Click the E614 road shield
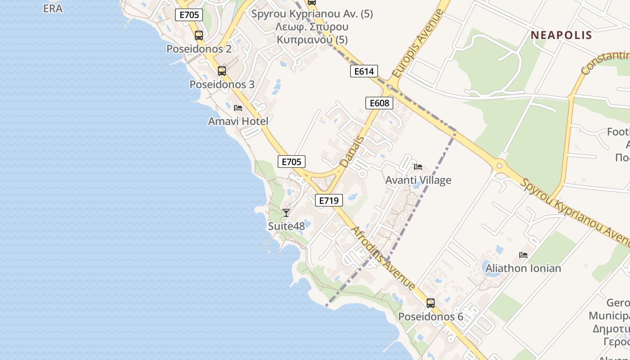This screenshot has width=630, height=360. pyautogui.click(x=364, y=71)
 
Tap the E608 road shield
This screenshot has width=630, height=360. pyautogui.click(x=379, y=103)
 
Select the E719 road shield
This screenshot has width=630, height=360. pyautogui.click(x=328, y=200)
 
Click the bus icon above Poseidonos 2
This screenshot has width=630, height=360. pyautogui.click(x=198, y=35)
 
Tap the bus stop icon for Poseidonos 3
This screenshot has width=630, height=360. pyautogui.click(x=221, y=71)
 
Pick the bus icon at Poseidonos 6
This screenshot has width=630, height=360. pyautogui.click(x=431, y=303)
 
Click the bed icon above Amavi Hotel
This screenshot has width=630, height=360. pyautogui.click(x=238, y=108)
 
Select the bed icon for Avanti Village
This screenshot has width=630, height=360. pyautogui.click(x=418, y=167)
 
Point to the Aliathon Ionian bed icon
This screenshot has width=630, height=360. pyautogui.click(x=523, y=255)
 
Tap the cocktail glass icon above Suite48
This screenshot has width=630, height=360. pyautogui.click(x=286, y=212)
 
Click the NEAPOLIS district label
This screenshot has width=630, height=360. pyautogui.click(x=561, y=35)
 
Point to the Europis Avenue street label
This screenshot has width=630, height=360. pyautogui.click(x=418, y=43)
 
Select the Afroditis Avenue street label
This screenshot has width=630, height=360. pyautogui.click(x=382, y=258)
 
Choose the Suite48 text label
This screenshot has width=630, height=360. pyautogui.click(x=286, y=226)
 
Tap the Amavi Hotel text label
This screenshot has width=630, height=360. pyautogui.click(x=238, y=121)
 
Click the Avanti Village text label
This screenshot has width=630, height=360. pyautogui.click(x=418, y=180)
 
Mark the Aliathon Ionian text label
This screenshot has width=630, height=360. pyautogui.click(x=523, y=268)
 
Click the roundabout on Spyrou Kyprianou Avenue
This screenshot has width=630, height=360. pyautogui.click(x=499, y=166)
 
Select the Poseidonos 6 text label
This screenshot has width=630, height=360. pyautogui.click(x=431, y=316)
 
